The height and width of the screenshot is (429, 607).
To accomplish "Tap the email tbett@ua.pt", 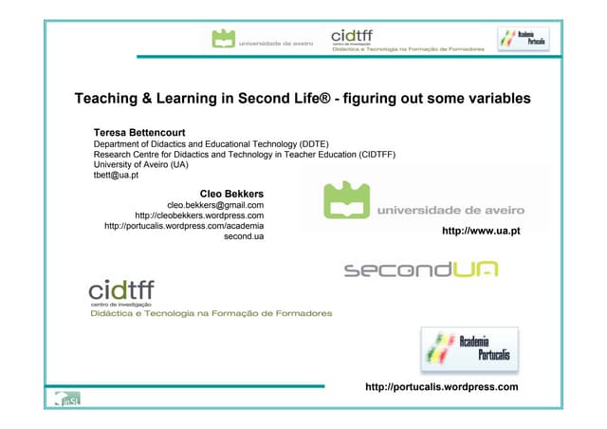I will coord(116,175).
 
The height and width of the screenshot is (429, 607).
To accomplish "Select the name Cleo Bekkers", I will coord(231,194).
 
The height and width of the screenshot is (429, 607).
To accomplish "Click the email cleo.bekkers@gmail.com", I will coord(215,205).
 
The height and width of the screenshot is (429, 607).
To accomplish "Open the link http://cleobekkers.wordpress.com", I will coord(199,215).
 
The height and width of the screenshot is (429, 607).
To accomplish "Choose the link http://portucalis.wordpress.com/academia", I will coord(184,226).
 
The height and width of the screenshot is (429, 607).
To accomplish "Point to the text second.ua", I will coord(244,236).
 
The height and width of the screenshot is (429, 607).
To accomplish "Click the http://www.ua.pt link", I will coord(481,231).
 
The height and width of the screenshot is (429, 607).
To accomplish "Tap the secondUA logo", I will coord(420,270).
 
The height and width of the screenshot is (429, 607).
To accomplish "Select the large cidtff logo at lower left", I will coord(121,289).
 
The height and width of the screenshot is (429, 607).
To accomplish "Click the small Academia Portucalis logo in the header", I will coord(523,39).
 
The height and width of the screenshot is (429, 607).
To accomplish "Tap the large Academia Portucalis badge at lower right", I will coord(469,350).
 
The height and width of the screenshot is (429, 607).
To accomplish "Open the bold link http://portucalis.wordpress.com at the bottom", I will coord(441,387).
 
